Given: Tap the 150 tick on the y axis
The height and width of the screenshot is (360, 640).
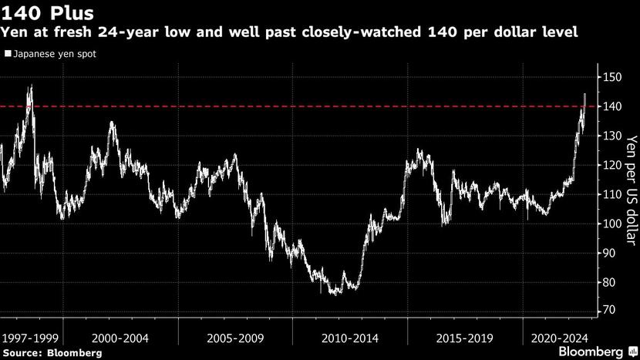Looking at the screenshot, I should [613, 77].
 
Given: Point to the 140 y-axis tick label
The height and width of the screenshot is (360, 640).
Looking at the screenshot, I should [613, 106].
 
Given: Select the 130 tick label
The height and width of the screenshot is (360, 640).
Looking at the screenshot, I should [613, 136].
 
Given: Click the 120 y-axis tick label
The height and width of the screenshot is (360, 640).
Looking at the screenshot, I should [613, 165].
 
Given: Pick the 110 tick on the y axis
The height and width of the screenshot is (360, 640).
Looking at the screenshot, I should [613, 194].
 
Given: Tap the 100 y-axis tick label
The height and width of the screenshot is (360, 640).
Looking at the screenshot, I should [613, 224].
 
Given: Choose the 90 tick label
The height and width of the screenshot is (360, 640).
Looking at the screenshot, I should [610, 253].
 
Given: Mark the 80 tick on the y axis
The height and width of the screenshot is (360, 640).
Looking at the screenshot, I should [610, 282].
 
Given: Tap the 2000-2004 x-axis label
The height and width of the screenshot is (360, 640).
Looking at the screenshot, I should [121, 338].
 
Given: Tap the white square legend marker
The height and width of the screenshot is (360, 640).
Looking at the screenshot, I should [7, 55].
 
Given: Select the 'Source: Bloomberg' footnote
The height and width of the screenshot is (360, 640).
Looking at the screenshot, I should [51, 352].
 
